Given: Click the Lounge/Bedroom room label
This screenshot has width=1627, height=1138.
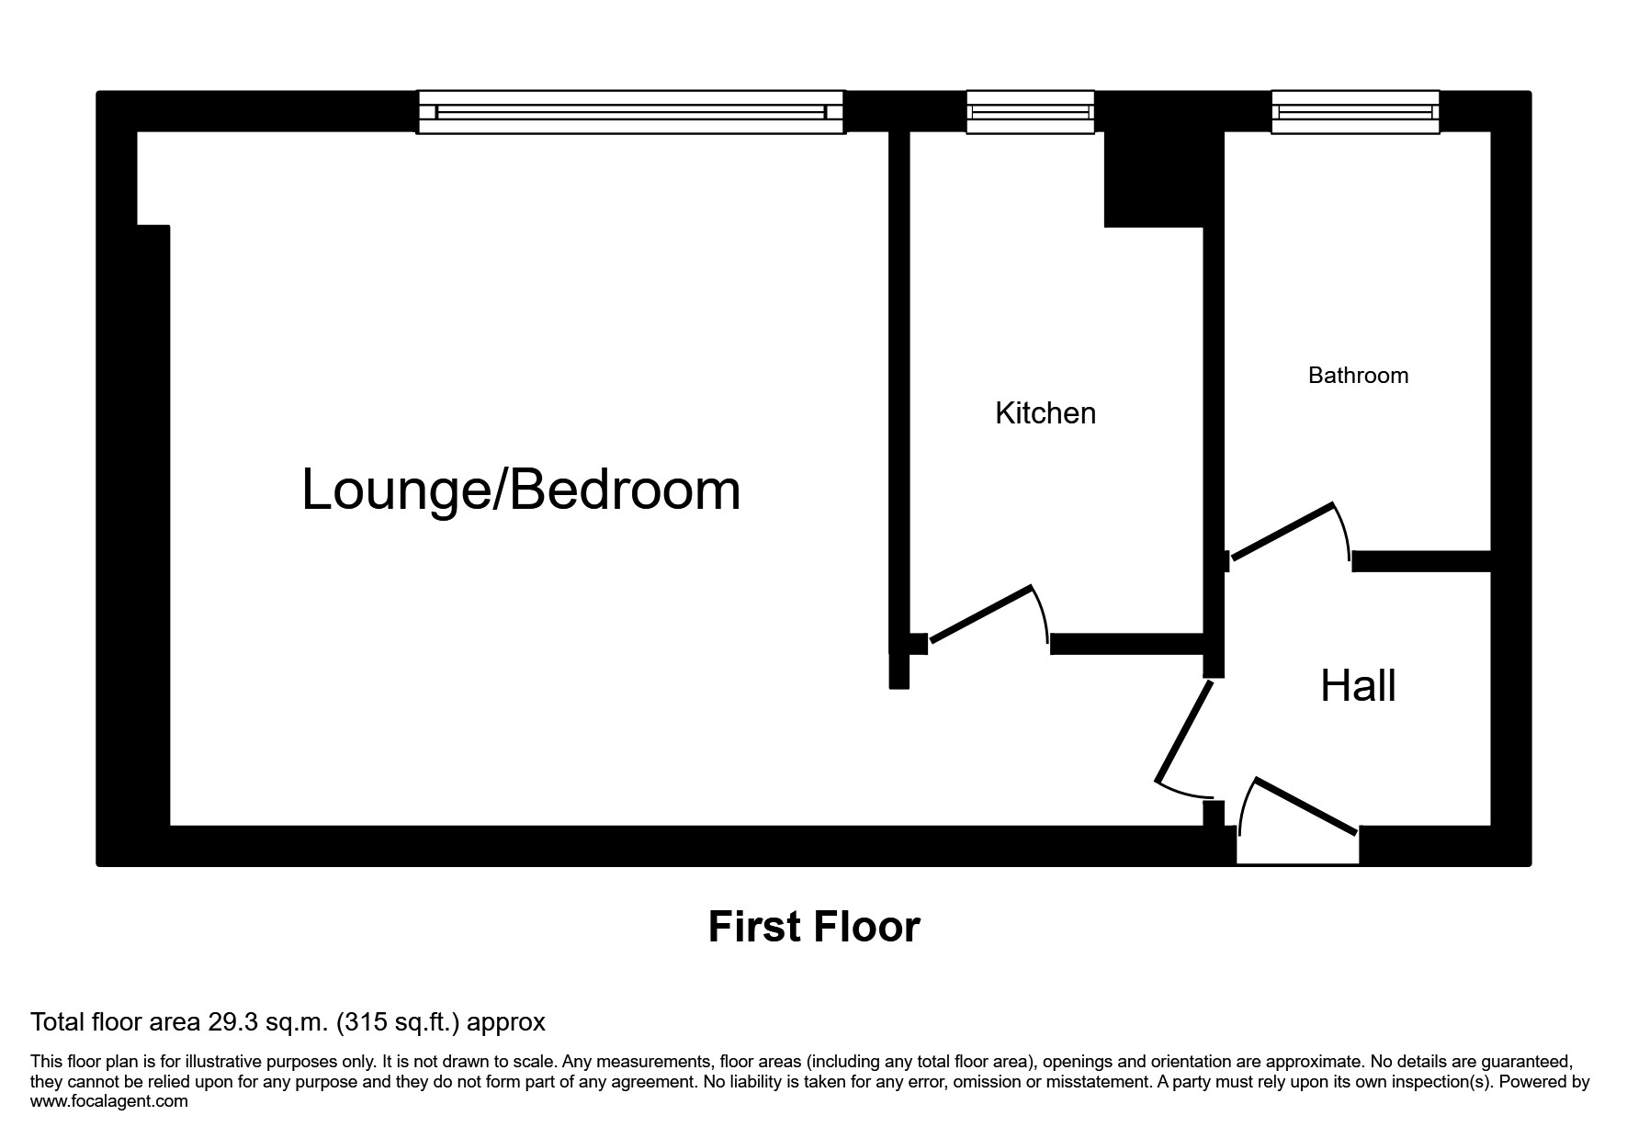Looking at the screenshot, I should click(521, 490).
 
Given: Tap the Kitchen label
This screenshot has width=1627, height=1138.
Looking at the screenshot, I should click(1045, 413).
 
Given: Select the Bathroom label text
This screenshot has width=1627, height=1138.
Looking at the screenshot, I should click(1358, 376).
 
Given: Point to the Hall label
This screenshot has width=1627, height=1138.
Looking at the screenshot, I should click(1358, 686).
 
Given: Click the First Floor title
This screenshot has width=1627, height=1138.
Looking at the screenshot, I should click(814, 927).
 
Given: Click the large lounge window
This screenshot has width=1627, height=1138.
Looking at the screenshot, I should click(630, 112).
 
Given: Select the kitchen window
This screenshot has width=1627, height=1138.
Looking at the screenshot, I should click(1030, 112).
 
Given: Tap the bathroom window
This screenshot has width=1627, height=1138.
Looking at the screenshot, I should click(1355, 112).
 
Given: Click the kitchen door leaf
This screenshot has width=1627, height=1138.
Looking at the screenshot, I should click(982, 613).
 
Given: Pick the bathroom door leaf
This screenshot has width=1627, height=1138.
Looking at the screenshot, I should click(1282, 531).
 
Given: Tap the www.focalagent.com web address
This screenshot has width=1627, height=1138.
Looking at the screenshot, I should click(109, 1101).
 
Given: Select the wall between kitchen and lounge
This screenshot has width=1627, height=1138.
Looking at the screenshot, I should click(899, 386).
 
